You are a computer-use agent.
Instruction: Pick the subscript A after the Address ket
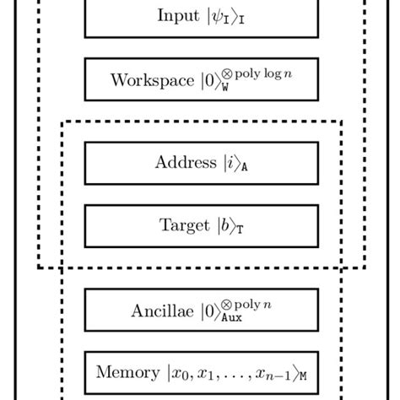[x=243, y=167]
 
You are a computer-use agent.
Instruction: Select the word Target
[x=183, y=225]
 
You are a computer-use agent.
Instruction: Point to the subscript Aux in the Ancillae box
[x=230, y=319]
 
